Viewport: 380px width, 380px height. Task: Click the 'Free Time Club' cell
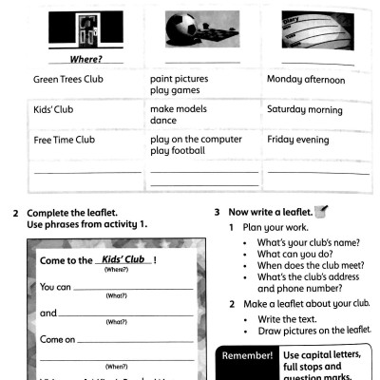65,140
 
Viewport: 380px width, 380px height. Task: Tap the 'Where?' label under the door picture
86,59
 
